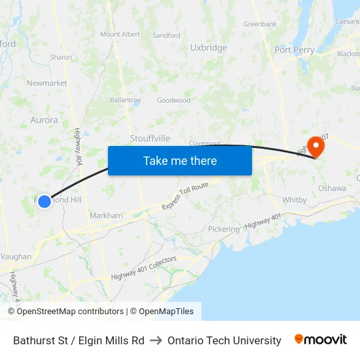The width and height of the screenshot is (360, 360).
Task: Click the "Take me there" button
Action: [180, 161]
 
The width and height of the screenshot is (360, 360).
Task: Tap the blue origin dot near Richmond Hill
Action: [45, 202]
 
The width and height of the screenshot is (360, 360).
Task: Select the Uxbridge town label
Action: [208, 48]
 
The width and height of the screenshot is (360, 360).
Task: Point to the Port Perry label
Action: [294, 50]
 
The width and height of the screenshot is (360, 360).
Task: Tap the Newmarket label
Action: [47, 83]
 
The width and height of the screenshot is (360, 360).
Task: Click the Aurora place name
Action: [44, 120]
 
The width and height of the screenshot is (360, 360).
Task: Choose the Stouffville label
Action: [150, 138]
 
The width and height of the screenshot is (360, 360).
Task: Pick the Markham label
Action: [106, 215]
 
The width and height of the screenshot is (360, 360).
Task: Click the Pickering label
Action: [224, 229]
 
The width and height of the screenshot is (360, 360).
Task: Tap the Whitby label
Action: [294, 200]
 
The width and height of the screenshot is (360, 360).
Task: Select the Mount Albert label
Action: [120, 34]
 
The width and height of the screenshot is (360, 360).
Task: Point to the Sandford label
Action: [166, 35]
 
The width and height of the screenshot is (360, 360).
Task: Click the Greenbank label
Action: [260, 24]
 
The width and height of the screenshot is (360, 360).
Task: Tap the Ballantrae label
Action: [125, 100]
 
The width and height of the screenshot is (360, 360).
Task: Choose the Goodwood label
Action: [173, 100]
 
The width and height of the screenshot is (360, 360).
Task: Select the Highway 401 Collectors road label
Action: [144, 268]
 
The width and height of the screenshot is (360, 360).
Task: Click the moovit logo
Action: [321, 340]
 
